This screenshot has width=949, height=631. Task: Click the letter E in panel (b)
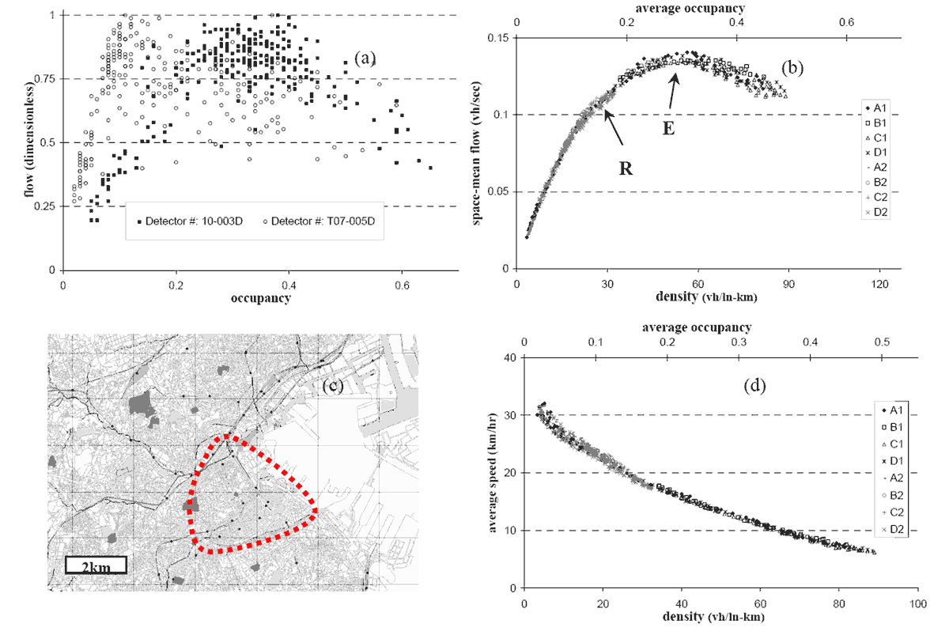668,127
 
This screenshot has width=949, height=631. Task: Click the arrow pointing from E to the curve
674,93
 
